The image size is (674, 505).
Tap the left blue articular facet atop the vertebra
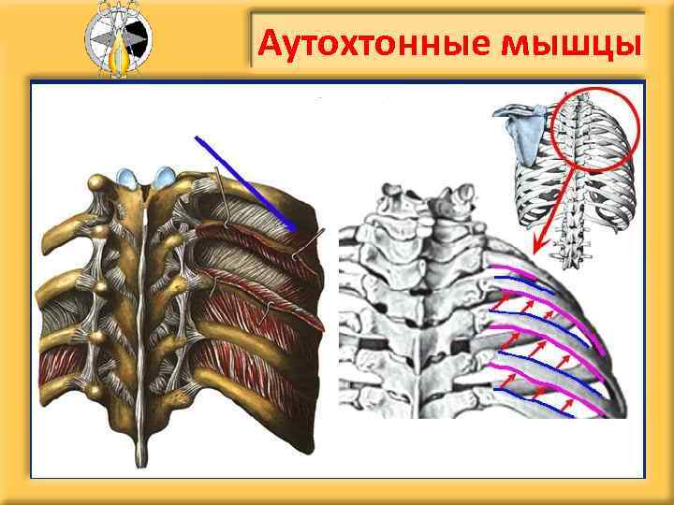[126, 175]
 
